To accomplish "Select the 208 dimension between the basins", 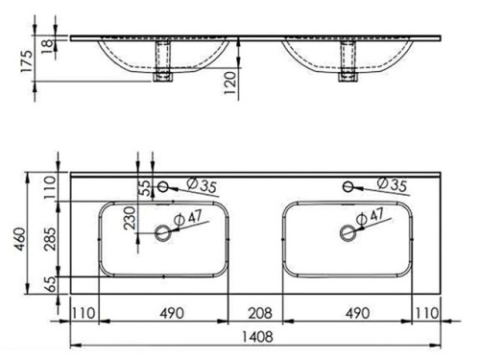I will [x=253, y=312].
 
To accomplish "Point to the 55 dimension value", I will [x=147, y=187].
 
